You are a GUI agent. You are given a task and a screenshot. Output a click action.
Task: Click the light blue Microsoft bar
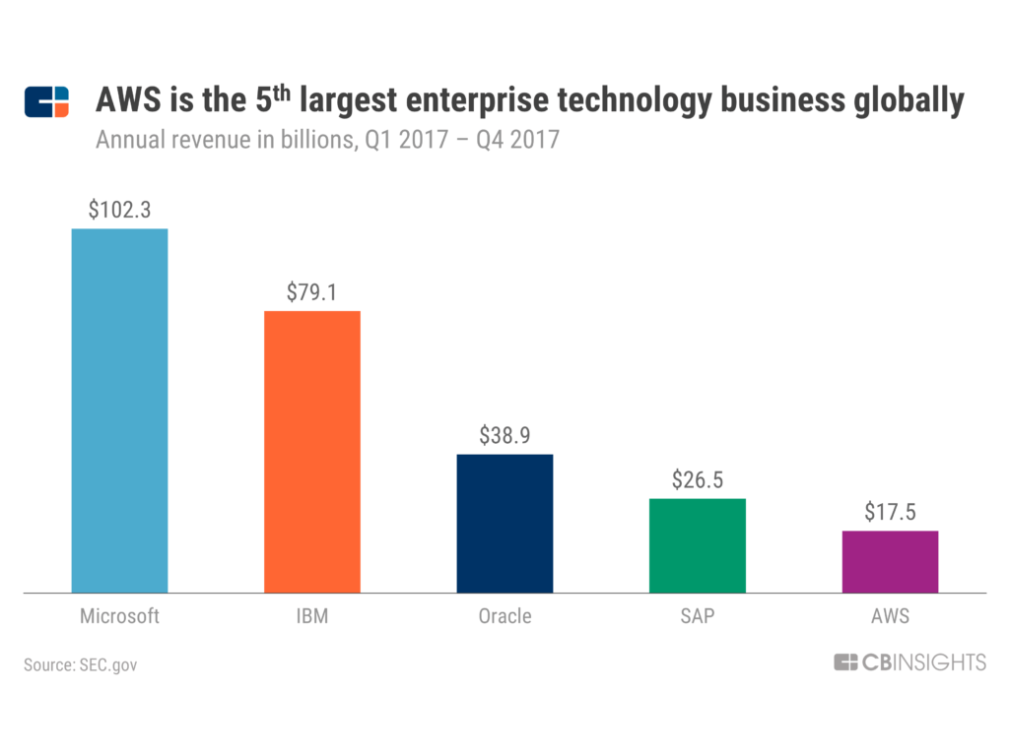(119, 410)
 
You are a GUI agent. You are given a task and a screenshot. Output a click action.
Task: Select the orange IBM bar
(311, 452)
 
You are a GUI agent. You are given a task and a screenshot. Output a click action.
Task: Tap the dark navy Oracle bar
(504, 523)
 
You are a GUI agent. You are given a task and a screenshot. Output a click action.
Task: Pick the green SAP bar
(698, 545)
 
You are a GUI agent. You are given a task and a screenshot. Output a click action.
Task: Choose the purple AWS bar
(890, 561)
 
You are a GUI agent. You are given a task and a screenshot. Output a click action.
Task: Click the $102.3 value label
(119, 210)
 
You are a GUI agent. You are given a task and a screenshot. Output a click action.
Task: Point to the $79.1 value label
(311, 292)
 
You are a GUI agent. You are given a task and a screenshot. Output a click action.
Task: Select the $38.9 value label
(504, 435)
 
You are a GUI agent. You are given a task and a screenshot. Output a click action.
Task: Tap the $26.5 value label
(698, 479)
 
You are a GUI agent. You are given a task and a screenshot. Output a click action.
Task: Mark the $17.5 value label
(890, 512)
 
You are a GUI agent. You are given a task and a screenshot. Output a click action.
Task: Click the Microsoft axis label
(119, 617)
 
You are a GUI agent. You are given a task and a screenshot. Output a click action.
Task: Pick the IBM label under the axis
(311, 617)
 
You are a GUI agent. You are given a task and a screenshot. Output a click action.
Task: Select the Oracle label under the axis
(504, 617)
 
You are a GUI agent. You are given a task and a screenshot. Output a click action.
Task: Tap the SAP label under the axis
(698, 617)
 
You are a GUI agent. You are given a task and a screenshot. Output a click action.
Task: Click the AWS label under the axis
(890, 617)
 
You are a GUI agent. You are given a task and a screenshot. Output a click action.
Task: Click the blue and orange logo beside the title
(47, 102)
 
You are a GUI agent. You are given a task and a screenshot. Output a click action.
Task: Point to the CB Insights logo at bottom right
(909, 663)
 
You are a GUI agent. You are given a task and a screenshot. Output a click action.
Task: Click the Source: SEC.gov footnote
(81, 665)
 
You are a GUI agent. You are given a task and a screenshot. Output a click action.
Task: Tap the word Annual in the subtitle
(126, 140)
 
